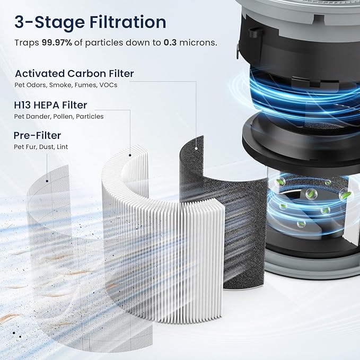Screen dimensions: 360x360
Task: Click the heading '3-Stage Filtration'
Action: [90, 22]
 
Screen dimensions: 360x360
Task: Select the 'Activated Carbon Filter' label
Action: [74, 74]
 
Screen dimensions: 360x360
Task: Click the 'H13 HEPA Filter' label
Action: [51, 105]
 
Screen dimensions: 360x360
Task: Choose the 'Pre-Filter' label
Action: [38, 135]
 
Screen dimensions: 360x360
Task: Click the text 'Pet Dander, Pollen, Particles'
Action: [59, 116]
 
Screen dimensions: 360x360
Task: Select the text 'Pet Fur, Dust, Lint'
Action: [41, 146]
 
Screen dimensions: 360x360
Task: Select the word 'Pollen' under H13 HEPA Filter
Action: [63, 116]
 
